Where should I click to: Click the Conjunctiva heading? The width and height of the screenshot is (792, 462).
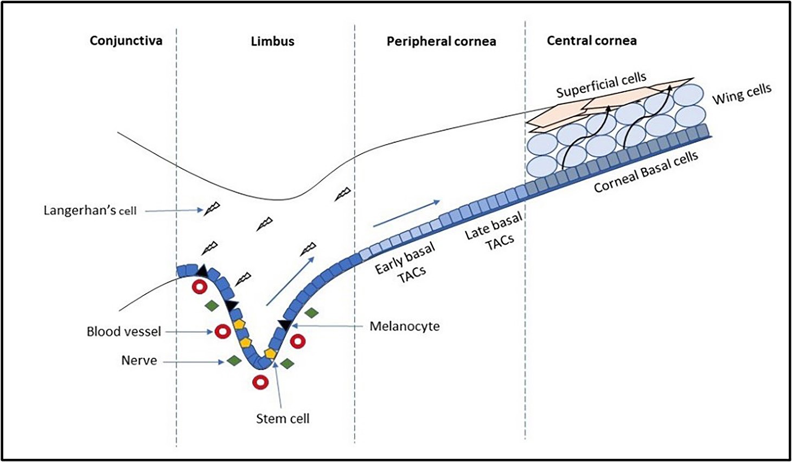point(126,41)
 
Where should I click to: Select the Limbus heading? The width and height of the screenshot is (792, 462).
point(272,41)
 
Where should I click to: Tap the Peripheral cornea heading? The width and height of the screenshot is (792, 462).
point(441,41)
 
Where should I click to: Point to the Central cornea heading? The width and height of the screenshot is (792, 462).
point(591,41)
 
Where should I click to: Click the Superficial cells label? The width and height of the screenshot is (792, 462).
point(601,85)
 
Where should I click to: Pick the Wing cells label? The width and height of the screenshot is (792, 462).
point(742,94)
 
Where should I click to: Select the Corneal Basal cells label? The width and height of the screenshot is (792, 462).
point(646,173)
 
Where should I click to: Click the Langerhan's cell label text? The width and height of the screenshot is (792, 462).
point(90,210)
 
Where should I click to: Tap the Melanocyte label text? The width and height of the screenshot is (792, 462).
point(404,326)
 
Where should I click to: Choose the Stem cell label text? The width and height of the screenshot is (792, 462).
point(283,419)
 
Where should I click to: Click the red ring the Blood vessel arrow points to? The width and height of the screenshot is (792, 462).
point(223,331)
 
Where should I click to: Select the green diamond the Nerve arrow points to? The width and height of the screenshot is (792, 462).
point(234,360)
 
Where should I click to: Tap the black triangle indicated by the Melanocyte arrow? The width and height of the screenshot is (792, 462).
point(284,325)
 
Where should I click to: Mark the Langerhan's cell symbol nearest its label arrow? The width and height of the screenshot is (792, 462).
point(211,208)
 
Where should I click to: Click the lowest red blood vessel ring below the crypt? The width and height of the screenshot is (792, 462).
point(261,382)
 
